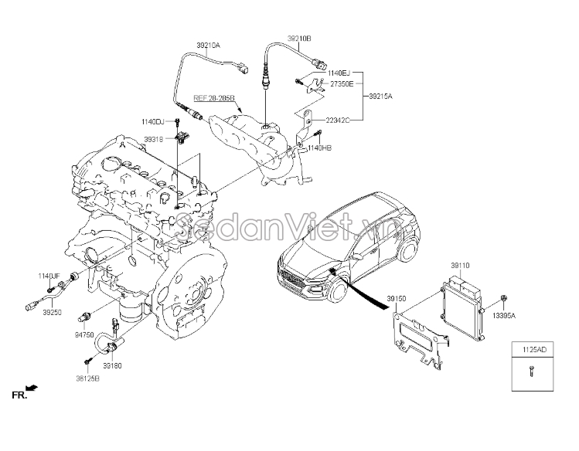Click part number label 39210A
[208, 46]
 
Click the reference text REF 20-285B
[214, 99]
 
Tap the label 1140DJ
[152, 121]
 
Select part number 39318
[153, 139]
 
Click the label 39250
[52, 313]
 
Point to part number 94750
[84, 335]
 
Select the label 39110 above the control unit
[460, 265]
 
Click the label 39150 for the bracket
[397, 297]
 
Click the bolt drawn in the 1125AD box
[532, 372]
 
